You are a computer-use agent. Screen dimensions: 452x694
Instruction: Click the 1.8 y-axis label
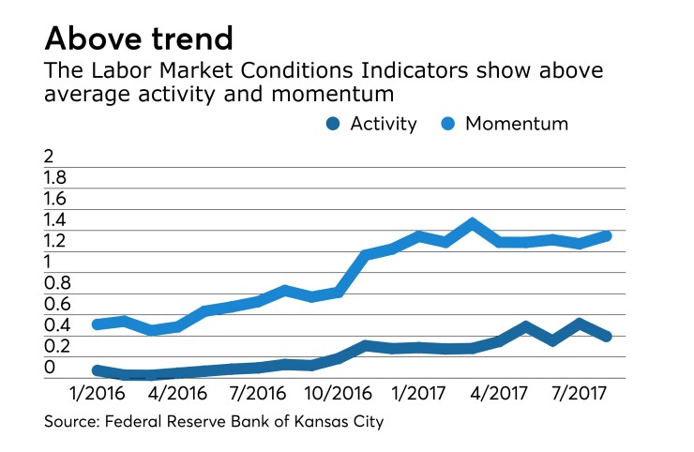(55, 178)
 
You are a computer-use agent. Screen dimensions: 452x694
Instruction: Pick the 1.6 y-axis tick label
(55, 199)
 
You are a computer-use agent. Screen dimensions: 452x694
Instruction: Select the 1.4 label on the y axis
(55, 220)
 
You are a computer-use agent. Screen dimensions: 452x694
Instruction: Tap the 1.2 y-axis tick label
(55, 241)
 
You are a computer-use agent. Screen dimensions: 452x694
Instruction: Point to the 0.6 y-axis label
(56, 304)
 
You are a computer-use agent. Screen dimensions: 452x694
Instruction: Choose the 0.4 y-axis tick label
(56, 325)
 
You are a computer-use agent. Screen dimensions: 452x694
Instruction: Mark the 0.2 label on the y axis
(56, 346)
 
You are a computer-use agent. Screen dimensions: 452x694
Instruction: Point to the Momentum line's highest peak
(473, 223)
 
